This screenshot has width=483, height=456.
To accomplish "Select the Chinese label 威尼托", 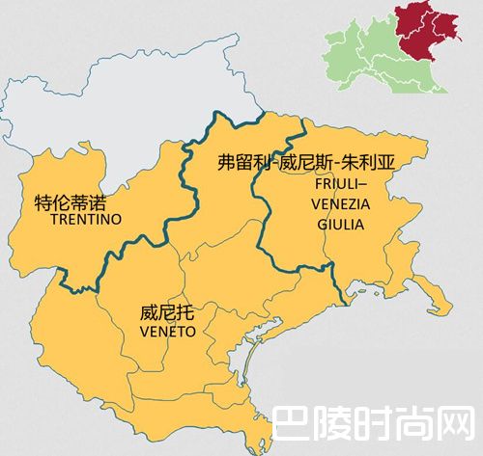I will [160, 313].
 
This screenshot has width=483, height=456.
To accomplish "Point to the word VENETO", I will [167, 331].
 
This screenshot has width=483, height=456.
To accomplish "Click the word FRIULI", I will [339, 183].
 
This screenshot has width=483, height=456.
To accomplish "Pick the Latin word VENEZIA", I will [339, 203].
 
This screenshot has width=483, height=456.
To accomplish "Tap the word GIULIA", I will [339, 223].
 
